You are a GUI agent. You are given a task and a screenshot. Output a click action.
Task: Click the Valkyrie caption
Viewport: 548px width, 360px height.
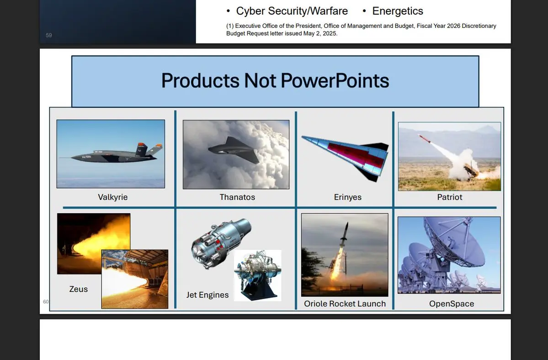click(x=112, y=197)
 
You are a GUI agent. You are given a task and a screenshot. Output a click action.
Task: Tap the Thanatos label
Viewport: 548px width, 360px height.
click(x=237, y=197)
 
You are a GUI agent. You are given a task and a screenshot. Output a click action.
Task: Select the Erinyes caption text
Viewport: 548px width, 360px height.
click(x=348, y=197)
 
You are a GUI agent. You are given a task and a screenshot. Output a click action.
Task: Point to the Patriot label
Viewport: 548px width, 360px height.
click(x=449, y=197)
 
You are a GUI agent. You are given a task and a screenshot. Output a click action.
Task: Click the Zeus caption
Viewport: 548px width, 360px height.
click(x=78, y=289)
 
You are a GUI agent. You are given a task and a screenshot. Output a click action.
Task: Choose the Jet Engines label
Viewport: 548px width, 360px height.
click(x=207, y=295)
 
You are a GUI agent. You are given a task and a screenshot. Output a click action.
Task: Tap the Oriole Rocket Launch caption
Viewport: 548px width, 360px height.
click(x=345, y=304)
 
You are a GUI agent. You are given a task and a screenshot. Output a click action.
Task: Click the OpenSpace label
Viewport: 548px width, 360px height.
click(x=452, y=304)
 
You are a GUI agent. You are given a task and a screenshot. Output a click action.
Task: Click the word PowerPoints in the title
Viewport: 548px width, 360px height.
click(x=335, y=81)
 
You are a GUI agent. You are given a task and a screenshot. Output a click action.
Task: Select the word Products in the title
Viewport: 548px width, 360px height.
click(x=200, y=81)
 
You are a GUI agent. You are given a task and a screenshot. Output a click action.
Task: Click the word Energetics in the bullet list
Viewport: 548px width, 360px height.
click(x=398, y=11)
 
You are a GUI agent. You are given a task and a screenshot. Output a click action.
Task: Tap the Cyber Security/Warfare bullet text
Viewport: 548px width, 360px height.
click(x=292, y=11)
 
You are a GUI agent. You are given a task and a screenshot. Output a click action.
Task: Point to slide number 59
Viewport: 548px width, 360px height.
click(x=48, y=35)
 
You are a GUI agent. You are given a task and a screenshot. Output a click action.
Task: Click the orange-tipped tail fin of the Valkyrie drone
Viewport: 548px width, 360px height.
click(x=141, y=149)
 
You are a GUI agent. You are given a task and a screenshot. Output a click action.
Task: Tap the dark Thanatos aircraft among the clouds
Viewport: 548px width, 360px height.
click(x=234, y=149)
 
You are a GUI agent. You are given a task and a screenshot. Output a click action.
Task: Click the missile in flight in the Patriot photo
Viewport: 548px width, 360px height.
click(x=424, y=138)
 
